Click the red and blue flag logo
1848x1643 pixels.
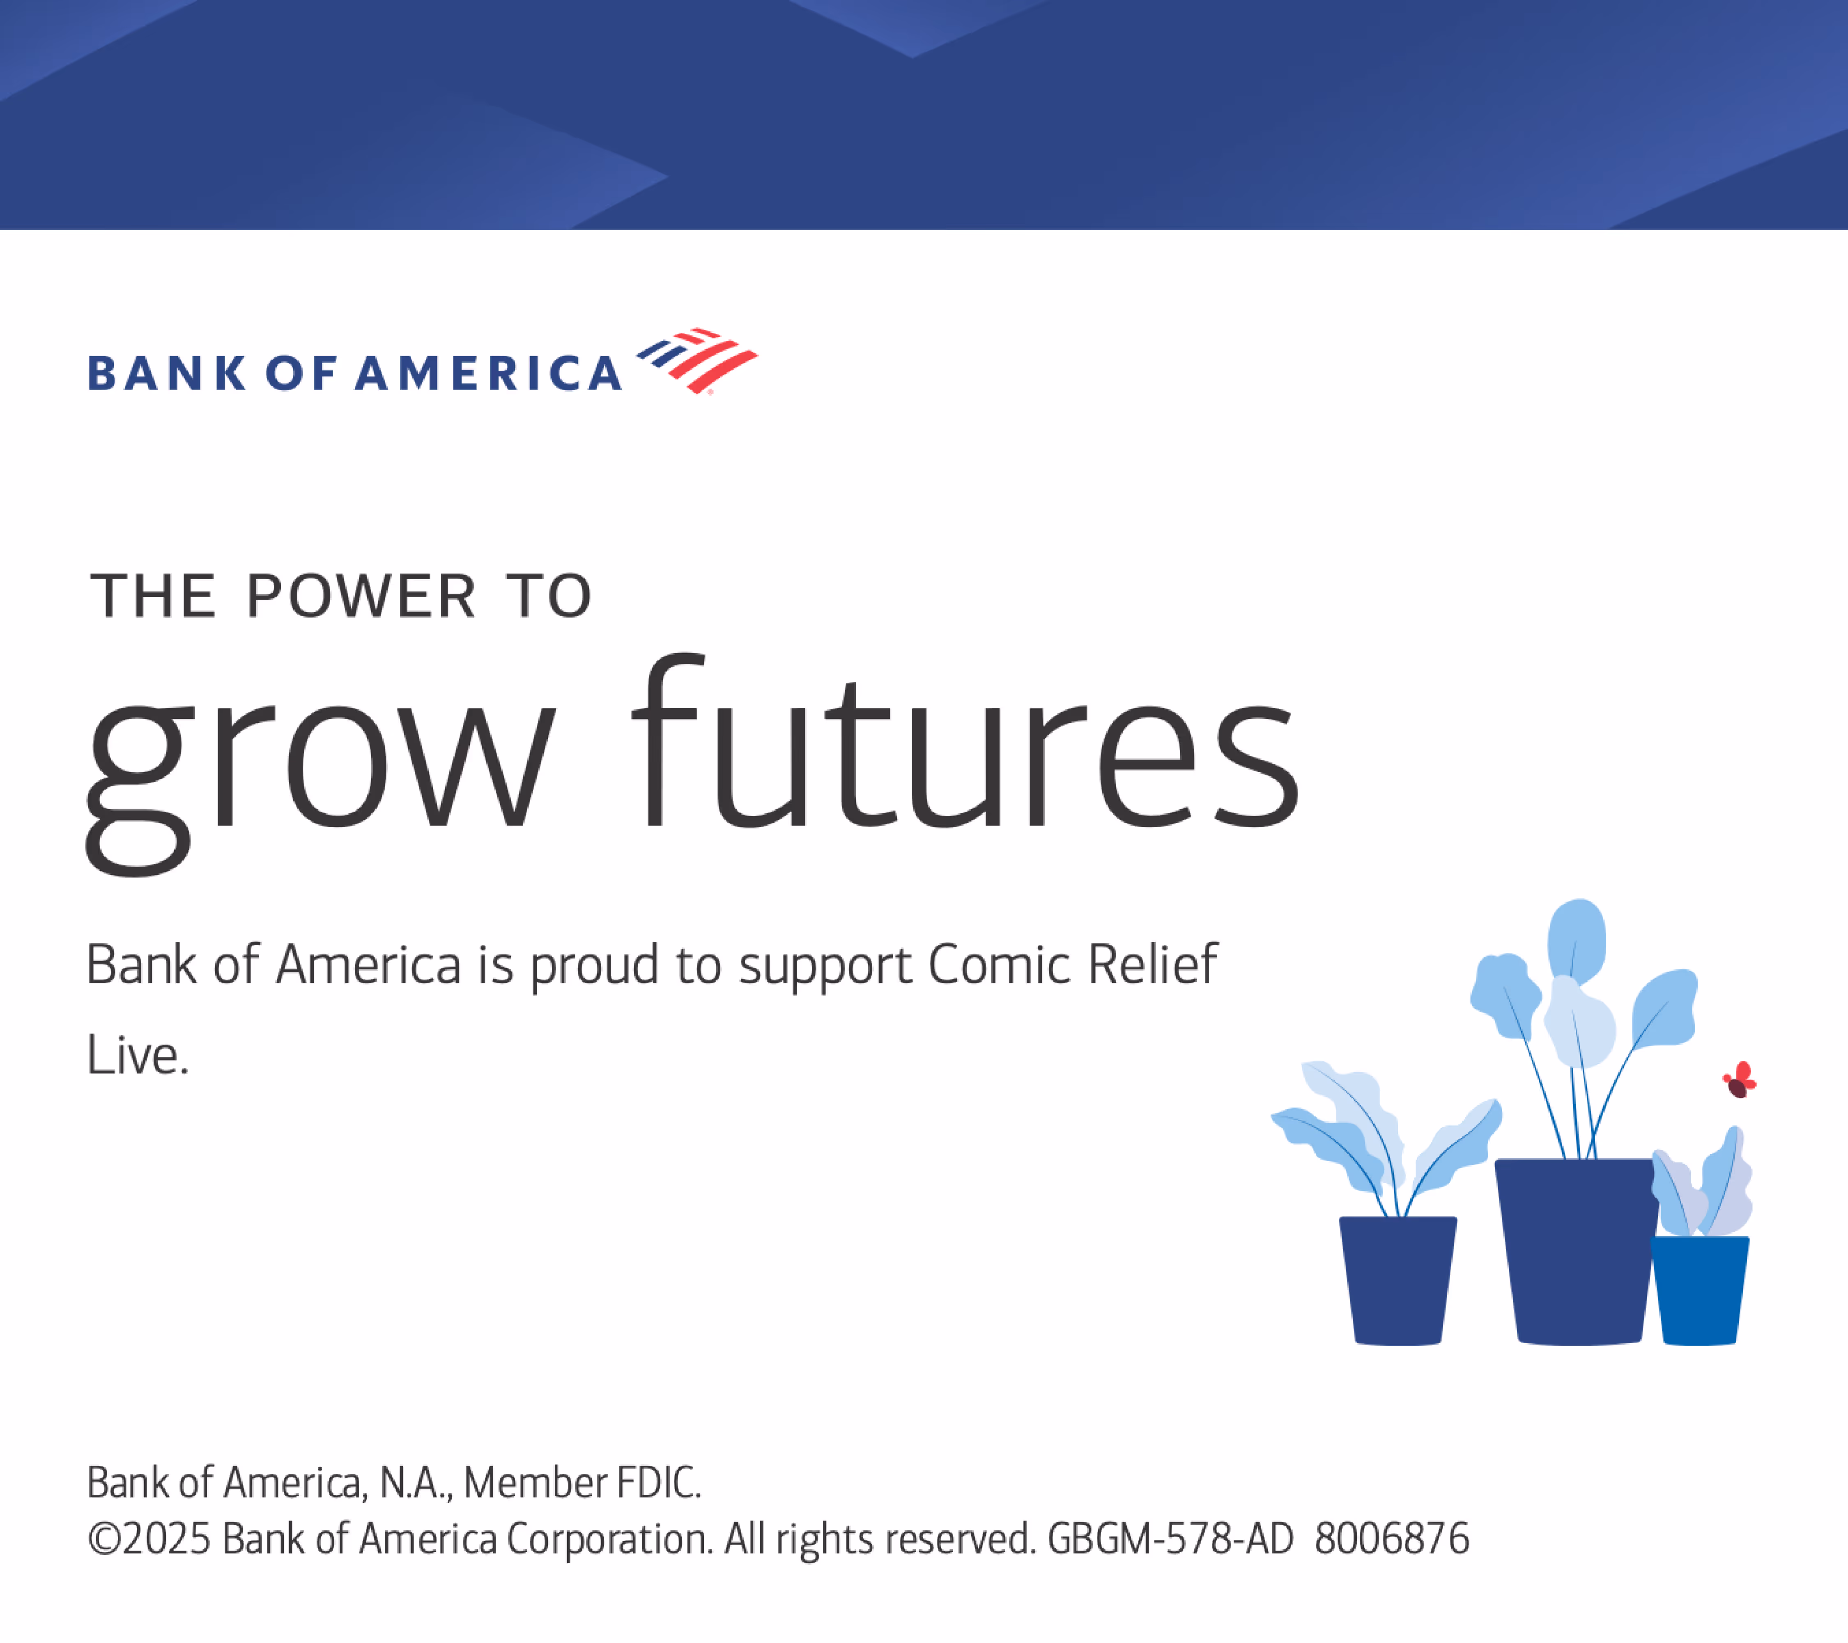point(697,361)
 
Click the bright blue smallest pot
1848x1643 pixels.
point(1700,1290)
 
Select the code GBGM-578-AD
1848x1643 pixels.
point(1170,1539)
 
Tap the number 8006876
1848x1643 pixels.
point(1391,1539)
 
